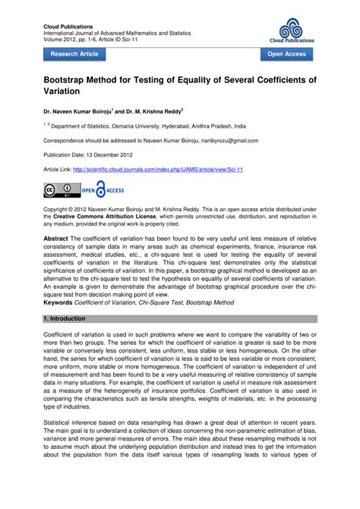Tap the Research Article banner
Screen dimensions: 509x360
pyautogui.click(x=74, y=55)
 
